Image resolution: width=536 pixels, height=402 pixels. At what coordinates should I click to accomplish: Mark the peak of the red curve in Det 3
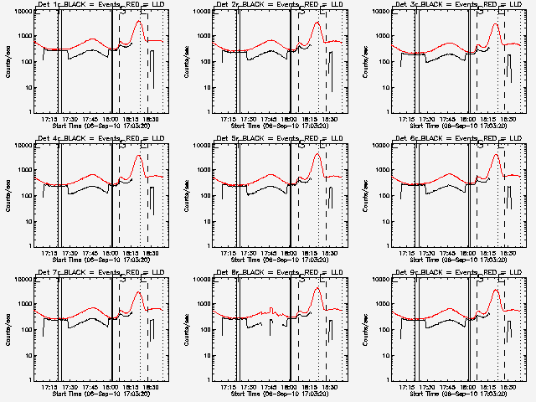pyautogui.click(x=496, y=24)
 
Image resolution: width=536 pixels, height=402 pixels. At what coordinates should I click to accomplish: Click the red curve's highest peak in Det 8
pyautogui.click(x=317, y=289)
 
